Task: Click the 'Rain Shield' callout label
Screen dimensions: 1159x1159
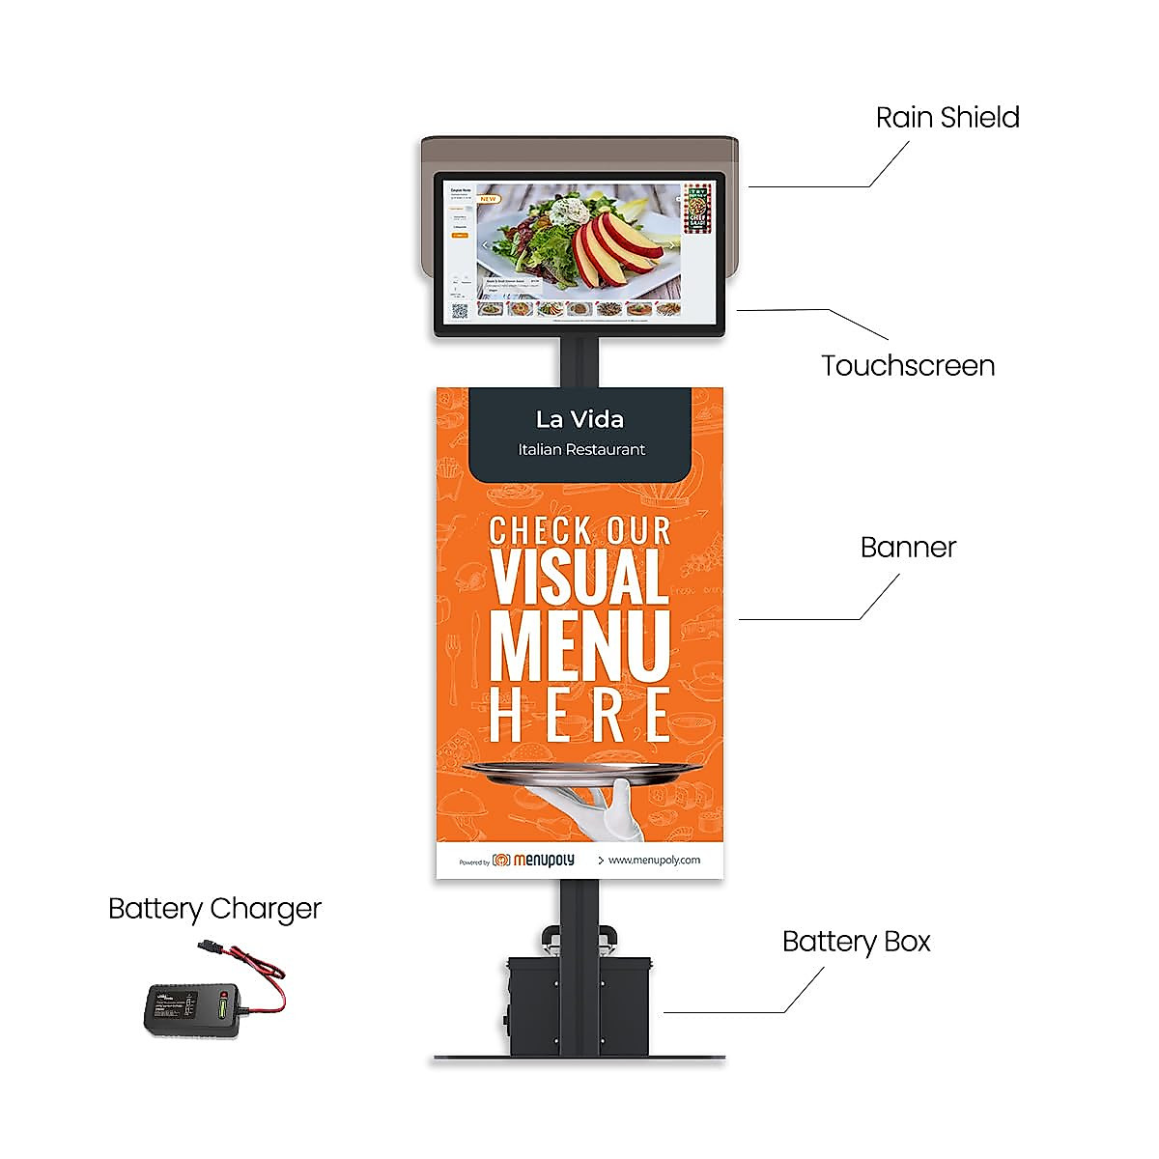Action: click(x=947, y=118)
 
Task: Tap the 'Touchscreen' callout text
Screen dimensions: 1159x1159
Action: click(x=908, y=366)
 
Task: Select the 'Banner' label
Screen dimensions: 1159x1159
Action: click(x=908, y=548)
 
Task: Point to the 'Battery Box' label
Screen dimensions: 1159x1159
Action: click(x=856, y=942)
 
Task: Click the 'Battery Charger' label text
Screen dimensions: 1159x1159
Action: click(x=214, y=909)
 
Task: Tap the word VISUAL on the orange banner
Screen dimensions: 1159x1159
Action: click(x=579, y=578)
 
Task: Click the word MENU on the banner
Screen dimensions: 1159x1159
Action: click(x=579, y=645)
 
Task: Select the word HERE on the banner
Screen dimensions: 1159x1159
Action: click(x=579, y=715)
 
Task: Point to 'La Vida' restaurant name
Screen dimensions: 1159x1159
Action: click(x=579, y=419)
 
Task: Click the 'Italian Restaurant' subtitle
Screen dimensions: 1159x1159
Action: click(x=580, y=449)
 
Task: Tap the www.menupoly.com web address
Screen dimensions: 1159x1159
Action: click(x=654, y=860)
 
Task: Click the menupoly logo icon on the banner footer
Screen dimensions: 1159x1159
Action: click(x=501, y=860)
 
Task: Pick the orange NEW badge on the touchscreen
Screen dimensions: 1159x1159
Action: click(x=489, y=199)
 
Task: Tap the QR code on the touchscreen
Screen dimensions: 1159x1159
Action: click(x=460, y=310)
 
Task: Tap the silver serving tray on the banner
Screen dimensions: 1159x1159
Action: click(x=582, y=770)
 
